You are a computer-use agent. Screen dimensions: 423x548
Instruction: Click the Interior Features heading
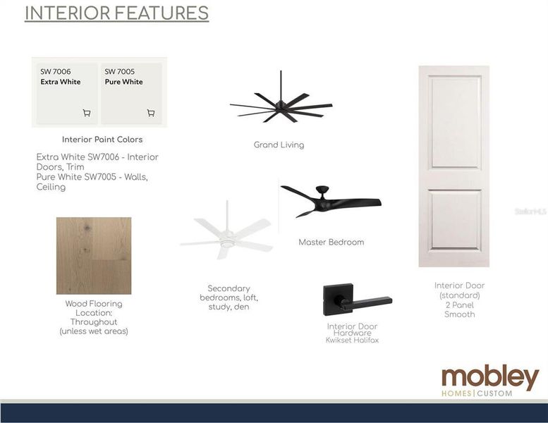116,13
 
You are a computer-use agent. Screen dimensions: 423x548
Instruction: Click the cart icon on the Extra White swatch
87,113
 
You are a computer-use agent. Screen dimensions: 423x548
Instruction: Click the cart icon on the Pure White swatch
151,113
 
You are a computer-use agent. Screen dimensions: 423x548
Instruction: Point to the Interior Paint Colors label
102,140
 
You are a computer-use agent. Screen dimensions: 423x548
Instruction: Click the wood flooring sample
94,255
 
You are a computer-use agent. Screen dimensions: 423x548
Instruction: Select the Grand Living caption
279,145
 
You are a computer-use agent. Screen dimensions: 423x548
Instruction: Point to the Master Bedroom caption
331,243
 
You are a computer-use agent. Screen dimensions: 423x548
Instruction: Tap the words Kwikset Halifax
352,341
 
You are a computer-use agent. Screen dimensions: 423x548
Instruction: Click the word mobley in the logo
489,377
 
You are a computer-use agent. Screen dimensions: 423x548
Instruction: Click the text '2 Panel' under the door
459,305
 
